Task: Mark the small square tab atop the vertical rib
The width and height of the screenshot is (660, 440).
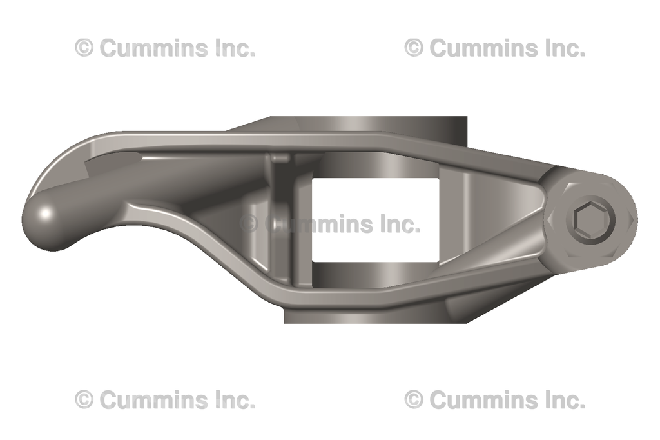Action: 280,158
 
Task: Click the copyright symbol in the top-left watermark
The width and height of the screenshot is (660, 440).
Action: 84,48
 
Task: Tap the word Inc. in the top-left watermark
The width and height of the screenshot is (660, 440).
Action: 235,48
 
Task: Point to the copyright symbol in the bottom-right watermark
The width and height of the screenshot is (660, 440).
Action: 414,400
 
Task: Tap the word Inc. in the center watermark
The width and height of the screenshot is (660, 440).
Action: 400,224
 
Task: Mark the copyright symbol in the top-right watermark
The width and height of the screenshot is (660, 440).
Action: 414,48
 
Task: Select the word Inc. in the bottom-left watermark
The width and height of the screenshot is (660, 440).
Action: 235,400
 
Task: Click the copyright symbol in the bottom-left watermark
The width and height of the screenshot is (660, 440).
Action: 84,400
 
